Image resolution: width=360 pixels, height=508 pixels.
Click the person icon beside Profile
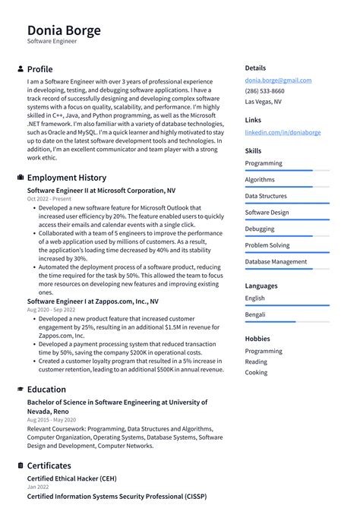pyautogui.click(x=20, y=69)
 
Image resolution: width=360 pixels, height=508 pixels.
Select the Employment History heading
pyautogui.click(x=67, y=178)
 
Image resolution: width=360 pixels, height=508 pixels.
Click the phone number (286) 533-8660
pyautogui.click(x=265, y=91)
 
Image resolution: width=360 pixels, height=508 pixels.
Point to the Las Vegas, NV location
pyautogui.click(x=263, y=102)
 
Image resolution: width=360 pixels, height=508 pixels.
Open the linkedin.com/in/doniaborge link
pyautogui.click(x=283, y=132)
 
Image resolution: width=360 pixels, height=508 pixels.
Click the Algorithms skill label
pyautogui.click(x=260, y=180)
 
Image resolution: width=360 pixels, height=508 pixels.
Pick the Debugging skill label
pyautogui.click(x=260, y=229)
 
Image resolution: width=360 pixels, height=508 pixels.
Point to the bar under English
pyautogui.click(x=286, y=305)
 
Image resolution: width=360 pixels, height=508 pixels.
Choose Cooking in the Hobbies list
pyautogui.click(x=256, y=373)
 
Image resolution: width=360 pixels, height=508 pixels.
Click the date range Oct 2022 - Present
pyautogui.click(x=49, y=199)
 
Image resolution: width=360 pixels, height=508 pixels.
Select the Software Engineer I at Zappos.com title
pyautogui.click(x=93, y=301)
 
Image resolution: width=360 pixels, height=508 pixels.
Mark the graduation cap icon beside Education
pyautogui.click(x=20, y=390)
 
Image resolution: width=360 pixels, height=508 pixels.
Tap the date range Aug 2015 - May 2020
pyautogui.click(x=52, y=419)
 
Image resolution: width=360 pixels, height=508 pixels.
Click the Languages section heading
pyautogui.click(x=261, y=286)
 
